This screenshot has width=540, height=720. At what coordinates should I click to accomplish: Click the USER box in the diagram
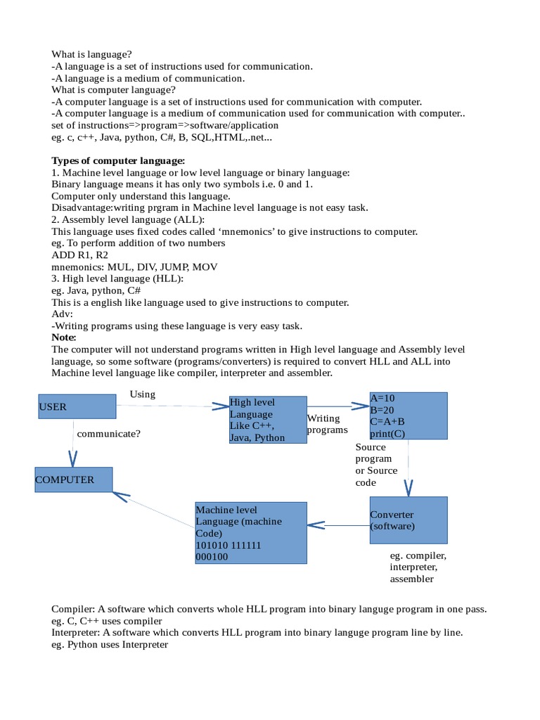[76, 406]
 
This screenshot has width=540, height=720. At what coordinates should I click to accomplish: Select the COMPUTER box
[75, 480]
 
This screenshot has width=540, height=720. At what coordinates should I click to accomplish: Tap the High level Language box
[268, 420]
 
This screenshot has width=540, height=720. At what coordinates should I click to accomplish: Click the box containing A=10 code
[409, 416]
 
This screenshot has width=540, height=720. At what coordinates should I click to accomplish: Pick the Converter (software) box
[409, 520]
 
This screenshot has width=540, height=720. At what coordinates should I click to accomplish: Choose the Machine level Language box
[250, 532]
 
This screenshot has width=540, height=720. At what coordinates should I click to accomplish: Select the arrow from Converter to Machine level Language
[338, 525]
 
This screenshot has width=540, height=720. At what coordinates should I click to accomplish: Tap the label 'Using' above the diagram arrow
[143, 394]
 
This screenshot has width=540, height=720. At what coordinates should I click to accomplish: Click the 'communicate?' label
[109, 433]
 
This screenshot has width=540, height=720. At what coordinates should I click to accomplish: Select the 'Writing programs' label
[327, 424]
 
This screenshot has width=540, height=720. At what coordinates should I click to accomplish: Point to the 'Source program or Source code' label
[376, 465]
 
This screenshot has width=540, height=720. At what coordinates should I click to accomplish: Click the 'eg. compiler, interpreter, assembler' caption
[418, 567]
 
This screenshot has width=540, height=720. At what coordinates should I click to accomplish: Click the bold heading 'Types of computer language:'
[118, 161]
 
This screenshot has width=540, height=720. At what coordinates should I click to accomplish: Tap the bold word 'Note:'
[64, 337]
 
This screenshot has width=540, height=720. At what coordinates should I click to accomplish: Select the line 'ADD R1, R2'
[81, 255]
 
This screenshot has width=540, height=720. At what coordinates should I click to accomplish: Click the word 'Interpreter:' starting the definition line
[76, 632]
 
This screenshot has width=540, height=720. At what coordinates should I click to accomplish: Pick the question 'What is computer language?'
[113, 89]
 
